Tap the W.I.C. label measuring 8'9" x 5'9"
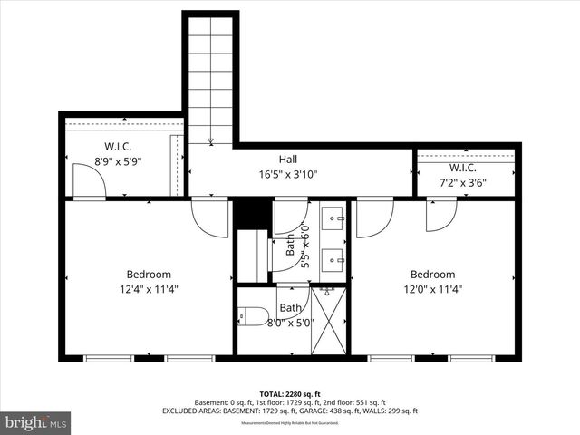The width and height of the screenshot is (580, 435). click(x=119, y=147)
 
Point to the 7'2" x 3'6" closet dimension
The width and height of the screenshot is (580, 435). click(x=462, y=182)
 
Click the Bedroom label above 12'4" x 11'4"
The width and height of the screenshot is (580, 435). click(x=148, y=275)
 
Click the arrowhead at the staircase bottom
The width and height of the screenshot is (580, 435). click(x=210, y=140)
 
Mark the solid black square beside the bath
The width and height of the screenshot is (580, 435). click(x=253, y=213)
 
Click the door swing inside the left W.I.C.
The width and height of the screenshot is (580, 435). click(x=89, y=184)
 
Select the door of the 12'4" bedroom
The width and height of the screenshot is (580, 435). click(x=209, y=217)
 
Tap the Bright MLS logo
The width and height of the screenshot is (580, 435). click(x=36, y=422)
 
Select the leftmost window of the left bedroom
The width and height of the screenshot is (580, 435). click(x=101, y=357)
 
